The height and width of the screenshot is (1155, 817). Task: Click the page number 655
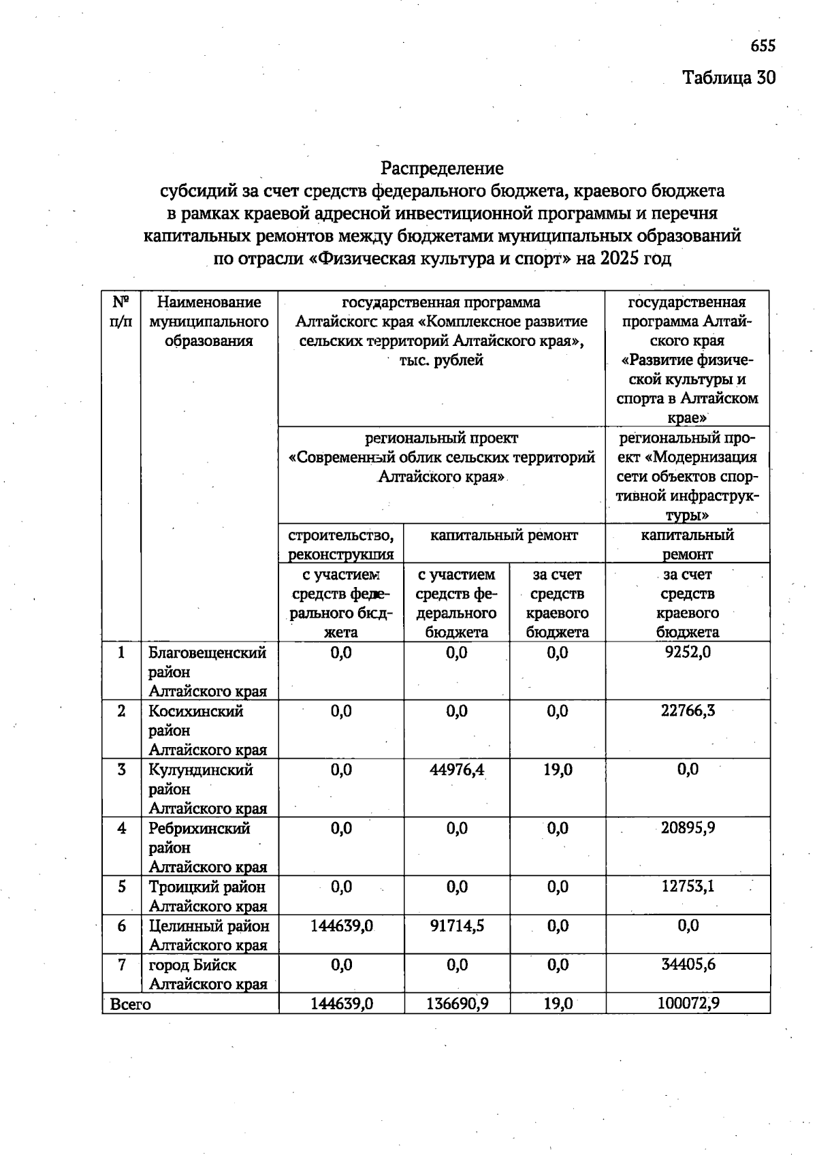[763, 46]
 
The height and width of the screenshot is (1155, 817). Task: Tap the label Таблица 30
[728, 78]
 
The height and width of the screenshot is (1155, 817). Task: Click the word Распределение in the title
[442, 168]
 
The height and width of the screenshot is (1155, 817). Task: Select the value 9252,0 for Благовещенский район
[688, 652]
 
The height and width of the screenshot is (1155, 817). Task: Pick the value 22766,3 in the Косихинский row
[688, 710]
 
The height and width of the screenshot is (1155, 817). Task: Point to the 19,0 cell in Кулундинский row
[558, 770]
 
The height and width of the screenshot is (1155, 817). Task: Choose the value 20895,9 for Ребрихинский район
[688, 828]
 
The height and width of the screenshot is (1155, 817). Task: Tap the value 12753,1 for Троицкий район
[688, 887]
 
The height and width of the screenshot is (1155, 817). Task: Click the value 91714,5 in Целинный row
[457, 925]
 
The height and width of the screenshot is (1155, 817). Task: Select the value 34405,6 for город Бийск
[688, 964]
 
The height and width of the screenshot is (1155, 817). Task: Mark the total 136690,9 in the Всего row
[457, 1003]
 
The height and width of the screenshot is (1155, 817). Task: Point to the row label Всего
[130, 1004]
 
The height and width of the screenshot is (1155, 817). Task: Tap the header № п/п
[121, 311]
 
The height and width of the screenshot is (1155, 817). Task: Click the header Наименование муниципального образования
[208, 321]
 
